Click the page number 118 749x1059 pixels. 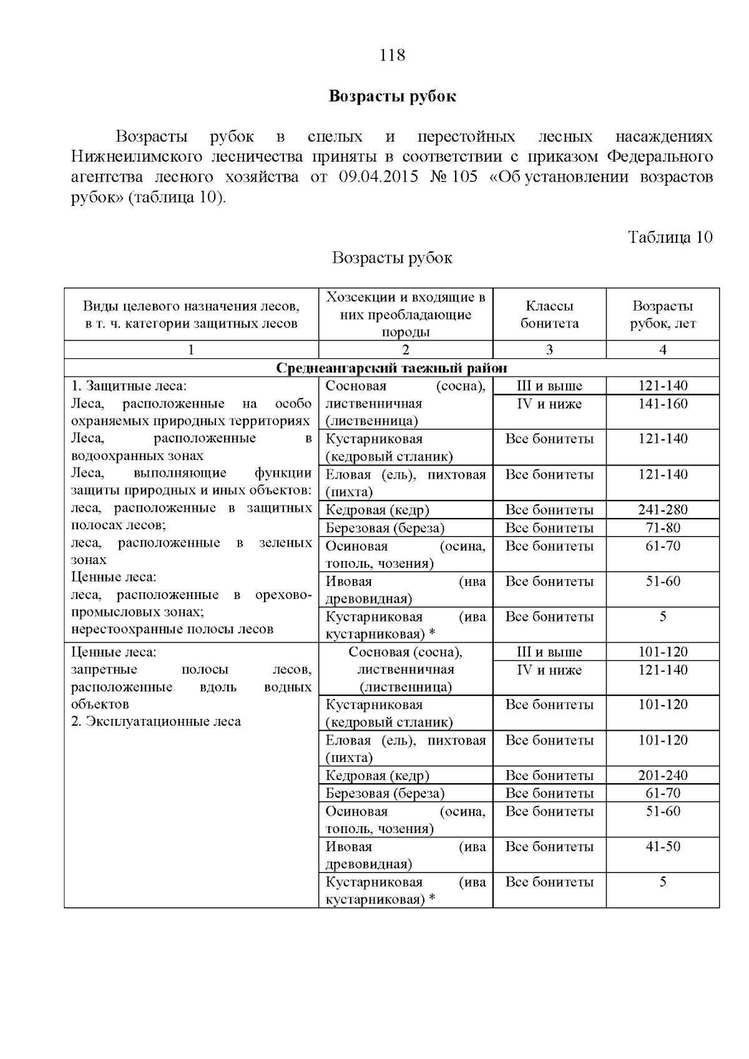pos(392,56)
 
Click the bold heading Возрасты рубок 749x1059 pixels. pos(392,97)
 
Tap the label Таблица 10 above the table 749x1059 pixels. pos(670,238)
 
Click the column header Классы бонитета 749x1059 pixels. pos(549,315)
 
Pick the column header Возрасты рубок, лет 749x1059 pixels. pos(662,315)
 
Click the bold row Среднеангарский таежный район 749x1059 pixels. pos(392,368)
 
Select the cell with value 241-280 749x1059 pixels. pos(662,510)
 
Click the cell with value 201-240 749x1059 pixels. pos(662,776)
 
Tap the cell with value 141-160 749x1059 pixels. pos(662,404)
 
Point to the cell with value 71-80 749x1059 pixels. pos(662,528)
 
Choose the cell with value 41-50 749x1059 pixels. pos(662,847)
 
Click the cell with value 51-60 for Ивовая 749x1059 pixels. pos(662,582)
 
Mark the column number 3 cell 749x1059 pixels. pos(549,350)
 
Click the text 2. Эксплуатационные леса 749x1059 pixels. pos(155,722)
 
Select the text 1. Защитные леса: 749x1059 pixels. pos(129,386)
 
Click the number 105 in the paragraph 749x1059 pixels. pos(464,177)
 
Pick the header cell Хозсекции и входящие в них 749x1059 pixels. pos(406,306)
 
